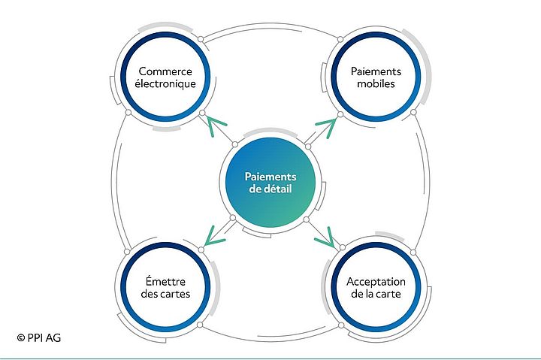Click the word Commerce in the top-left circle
pos(165,71)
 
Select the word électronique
pos(165,84)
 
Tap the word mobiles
pos(376,84)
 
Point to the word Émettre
pos(165,282)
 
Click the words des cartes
pos(165,295)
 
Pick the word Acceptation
pos(376,282)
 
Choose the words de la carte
pos(376,295)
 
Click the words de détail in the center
pos(270,189)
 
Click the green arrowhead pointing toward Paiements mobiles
pos(326,125)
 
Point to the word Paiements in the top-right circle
pos(376,71)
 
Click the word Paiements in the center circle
pos(270,177)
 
